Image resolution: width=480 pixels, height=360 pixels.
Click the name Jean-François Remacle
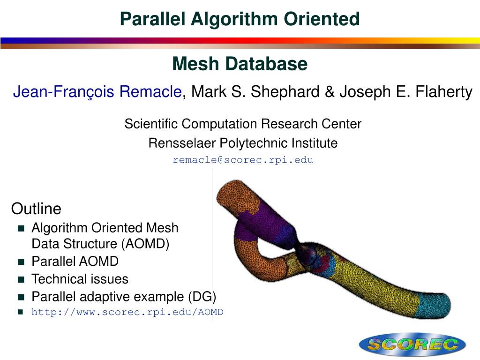click(x=97, y=92)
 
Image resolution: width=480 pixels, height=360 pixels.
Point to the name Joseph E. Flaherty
click(x=406, y=92)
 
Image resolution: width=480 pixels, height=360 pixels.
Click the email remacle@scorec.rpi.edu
click(x=243, y=160)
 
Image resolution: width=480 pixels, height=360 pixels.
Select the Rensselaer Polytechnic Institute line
click(x=243, y=143)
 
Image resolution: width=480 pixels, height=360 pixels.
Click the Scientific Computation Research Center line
click(x=243, y=124)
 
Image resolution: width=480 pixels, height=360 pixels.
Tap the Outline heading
click(x=36, y=208)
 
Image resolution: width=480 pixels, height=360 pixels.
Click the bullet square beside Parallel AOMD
click(x=21, y=262)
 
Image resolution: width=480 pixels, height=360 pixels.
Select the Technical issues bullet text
click(x=80, y=279)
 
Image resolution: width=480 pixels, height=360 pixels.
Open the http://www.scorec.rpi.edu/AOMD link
click(x=127, y=312)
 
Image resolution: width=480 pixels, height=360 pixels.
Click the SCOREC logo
click(x=412, y=345)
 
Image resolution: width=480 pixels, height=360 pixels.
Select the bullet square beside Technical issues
click(x=21, y=279)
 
